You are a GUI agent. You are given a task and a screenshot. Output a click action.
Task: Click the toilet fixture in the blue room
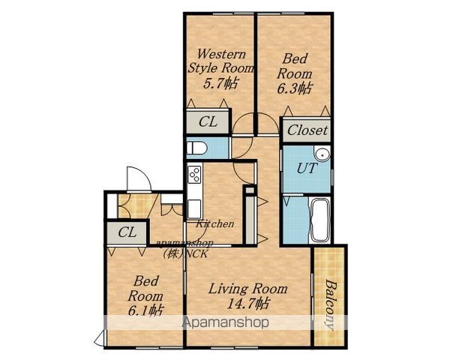point(196,148)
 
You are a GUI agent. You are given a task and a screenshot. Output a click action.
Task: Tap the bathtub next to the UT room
point(320,220)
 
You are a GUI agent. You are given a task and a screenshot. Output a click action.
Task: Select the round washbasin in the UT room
point(322,154)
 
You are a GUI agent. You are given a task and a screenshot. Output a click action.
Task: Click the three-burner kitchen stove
point(194,174)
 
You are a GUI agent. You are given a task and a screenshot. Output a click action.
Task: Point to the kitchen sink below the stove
point(194,209)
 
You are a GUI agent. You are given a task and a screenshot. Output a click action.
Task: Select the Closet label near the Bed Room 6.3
point(307,130)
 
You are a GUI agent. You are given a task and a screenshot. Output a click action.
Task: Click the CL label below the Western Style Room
point(208,122)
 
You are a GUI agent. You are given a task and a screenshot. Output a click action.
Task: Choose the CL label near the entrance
point(127,232)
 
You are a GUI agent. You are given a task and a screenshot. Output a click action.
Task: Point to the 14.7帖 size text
point(248,303)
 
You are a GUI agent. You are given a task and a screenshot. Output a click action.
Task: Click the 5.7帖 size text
point(220,83)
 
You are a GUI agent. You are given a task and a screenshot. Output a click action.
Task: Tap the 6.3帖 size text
point(294,88)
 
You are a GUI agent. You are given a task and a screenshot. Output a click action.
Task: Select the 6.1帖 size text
point(145,310)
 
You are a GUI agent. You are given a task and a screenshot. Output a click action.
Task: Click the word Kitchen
point(214,223)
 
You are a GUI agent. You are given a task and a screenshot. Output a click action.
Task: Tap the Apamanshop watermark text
point(226,322)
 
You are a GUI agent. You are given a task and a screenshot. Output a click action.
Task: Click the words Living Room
point(247,289)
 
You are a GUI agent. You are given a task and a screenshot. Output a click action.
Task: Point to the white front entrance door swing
point(139,178)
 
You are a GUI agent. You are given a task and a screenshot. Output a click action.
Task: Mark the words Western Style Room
point(220,61)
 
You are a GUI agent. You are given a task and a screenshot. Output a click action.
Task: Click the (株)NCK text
point(184,253)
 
